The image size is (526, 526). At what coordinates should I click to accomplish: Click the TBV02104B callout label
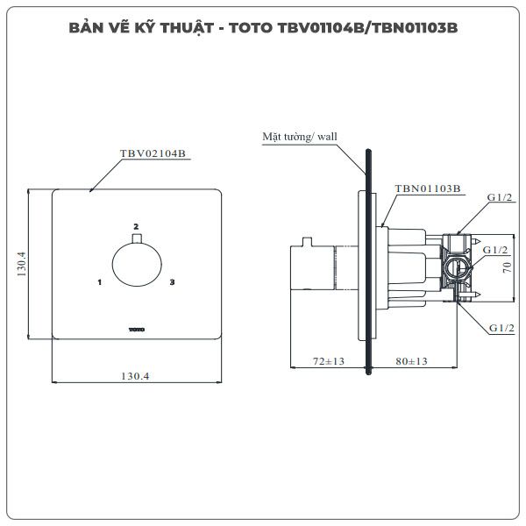tap(153, 153)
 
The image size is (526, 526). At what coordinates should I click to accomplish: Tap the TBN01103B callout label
tap(428, 188)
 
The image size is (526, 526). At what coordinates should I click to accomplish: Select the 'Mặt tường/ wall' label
tap(300, 137)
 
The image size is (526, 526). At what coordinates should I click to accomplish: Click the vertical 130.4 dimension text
tap(21, 264)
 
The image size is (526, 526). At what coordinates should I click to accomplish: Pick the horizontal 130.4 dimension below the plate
tap(135, 376)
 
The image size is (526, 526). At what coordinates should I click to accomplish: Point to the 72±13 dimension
tap(329, 361)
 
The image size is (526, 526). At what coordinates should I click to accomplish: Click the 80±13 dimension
tap(412, 361)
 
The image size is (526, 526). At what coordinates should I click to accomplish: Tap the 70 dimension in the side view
tap(507, 267)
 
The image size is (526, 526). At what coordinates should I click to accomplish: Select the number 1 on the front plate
tap(100, 282)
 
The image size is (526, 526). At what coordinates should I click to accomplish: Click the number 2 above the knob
tap(136, 227)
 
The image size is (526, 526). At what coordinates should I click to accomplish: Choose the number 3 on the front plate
tap(172, 282)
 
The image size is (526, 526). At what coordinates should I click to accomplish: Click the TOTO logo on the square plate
tap(137, 330)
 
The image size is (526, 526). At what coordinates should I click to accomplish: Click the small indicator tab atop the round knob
tap(137, 238)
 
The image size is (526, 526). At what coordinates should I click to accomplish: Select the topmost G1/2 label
tap(500, 197)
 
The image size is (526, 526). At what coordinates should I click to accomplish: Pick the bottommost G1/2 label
tap(501, 328)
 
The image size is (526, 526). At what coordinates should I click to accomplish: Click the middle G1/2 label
tap(495, 250)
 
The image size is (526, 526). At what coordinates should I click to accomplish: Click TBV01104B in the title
tap(320, 28)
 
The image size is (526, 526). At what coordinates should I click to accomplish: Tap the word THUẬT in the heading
tap(187, 28)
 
